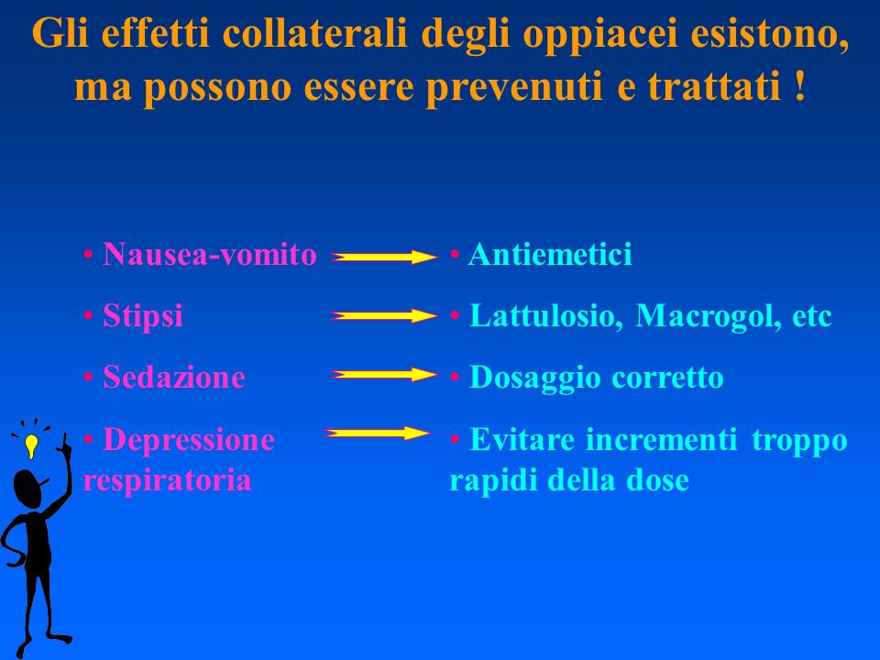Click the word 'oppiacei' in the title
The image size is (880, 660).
click(601, 36)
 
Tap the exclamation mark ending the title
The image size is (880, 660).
click(800, 85)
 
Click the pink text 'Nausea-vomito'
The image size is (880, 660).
click(210, 254)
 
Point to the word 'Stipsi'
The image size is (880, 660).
click(143, 316)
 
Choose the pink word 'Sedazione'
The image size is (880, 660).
click(174, 377)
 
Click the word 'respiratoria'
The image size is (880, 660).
click(167, 481)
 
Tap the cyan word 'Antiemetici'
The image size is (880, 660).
click(550, 254)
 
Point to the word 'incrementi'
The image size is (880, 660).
click(661, 439)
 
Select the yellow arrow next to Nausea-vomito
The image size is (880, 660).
click(384, 257)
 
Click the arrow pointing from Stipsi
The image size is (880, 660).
click(384, 316)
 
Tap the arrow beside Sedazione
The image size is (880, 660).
click(384, 374)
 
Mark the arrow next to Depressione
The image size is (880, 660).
click(377, 433)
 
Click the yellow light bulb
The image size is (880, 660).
click(31, 445)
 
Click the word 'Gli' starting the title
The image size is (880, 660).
click(60, 35)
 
